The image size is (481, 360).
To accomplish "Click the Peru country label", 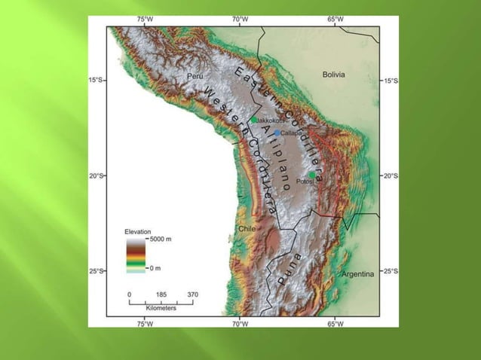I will pos(195,77).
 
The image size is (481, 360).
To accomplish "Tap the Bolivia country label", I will pos(333,75).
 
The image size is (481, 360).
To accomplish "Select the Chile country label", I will pos(247,228).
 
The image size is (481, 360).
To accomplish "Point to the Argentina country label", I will pos(357,275).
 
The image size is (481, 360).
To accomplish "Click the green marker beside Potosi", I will pos(312,175).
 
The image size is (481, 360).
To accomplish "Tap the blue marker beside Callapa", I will pos(277,133).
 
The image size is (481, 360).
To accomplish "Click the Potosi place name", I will pos(304,182).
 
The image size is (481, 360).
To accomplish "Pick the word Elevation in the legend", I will pos(138,231).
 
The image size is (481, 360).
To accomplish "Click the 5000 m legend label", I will pos(161,239).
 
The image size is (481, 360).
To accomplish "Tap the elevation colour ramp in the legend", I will pos(136,254).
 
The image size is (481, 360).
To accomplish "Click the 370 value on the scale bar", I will pos(192,294).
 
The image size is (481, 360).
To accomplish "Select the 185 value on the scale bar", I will pos(161,294).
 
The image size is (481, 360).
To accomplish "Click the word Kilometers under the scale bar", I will pos(161,308).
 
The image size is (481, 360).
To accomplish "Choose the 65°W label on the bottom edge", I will pos(335,324).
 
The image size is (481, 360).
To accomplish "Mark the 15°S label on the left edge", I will pos(96,80).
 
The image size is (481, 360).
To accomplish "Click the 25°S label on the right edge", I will pos(391,271).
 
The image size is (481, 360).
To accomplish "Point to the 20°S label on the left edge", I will pos(96,175).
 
